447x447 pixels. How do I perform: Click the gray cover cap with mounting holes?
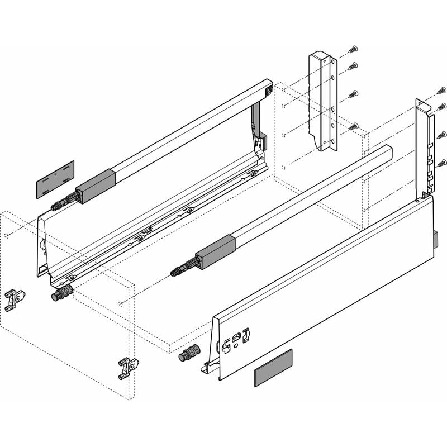coord(55,179)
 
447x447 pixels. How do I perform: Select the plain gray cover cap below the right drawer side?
coord(273,368)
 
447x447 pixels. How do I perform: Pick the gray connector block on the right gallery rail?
coord(215,253)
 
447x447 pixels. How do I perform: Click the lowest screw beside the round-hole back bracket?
coord(353,127)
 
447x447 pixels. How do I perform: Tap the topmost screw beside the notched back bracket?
coord(441,89)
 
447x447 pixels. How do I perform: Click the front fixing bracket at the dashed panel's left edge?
coord(15,300)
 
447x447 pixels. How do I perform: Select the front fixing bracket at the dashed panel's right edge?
coord(129,368)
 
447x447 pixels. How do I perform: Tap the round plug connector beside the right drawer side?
coord(191,355)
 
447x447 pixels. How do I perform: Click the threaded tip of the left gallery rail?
coord(56,206)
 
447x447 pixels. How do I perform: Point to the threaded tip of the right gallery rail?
coord(176,272)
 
